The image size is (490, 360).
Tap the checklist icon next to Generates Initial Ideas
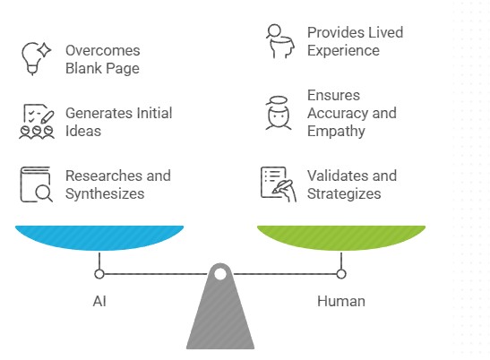tap(37, 122)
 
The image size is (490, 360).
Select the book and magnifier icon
tap(37, 184)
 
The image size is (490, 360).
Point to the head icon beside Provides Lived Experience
tap(278, 41)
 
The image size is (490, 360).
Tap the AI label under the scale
tap(99, 301)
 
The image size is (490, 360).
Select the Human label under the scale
tap(340, 301)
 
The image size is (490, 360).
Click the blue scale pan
tap(99, 238)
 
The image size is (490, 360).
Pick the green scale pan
tap(340, 238)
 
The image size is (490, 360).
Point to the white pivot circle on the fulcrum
tap(220, 273)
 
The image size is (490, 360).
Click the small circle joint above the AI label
tap(99, 274)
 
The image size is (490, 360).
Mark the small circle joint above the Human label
tap(340, 274)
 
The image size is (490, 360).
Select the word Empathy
tap(336, 131)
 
